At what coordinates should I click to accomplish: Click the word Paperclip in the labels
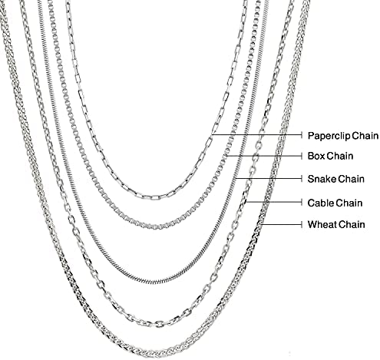tap(328, 136)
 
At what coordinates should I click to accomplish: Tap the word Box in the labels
tap(316, 156)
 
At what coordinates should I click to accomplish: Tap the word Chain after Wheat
tap(352, 224)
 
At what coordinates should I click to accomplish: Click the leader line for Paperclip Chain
tap(256, 134)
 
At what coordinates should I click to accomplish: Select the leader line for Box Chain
tap(264, 156)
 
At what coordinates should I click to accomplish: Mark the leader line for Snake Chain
tap(269, 178)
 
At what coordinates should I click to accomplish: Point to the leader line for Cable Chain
tap(273, 202)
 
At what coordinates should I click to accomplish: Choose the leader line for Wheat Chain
tap(282, 224)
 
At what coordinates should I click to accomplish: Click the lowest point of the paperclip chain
tap(153, 197)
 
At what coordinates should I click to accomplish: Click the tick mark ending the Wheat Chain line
tap(302, 224)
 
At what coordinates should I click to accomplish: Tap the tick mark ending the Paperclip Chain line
tap(302, 134)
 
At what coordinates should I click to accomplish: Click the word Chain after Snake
tap(351, 179)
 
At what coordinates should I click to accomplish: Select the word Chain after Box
tap(340, 156)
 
